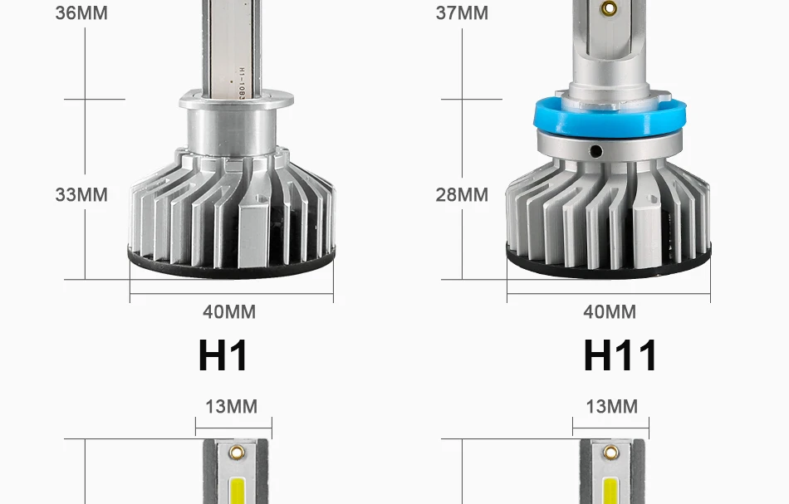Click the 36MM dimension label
(x=81, y=13)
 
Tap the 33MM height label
(x=81, y=194)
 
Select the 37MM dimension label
(x=462, y=13)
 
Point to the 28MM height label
(x=462, y=194)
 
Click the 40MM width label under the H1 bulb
(x=229, y=312)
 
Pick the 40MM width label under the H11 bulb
(x=610, y=312)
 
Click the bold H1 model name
(x=223, y=355)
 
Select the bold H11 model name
(x=620, y=355)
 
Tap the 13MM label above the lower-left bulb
(x=232, y=406)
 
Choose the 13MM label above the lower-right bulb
(x=612, y=406)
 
